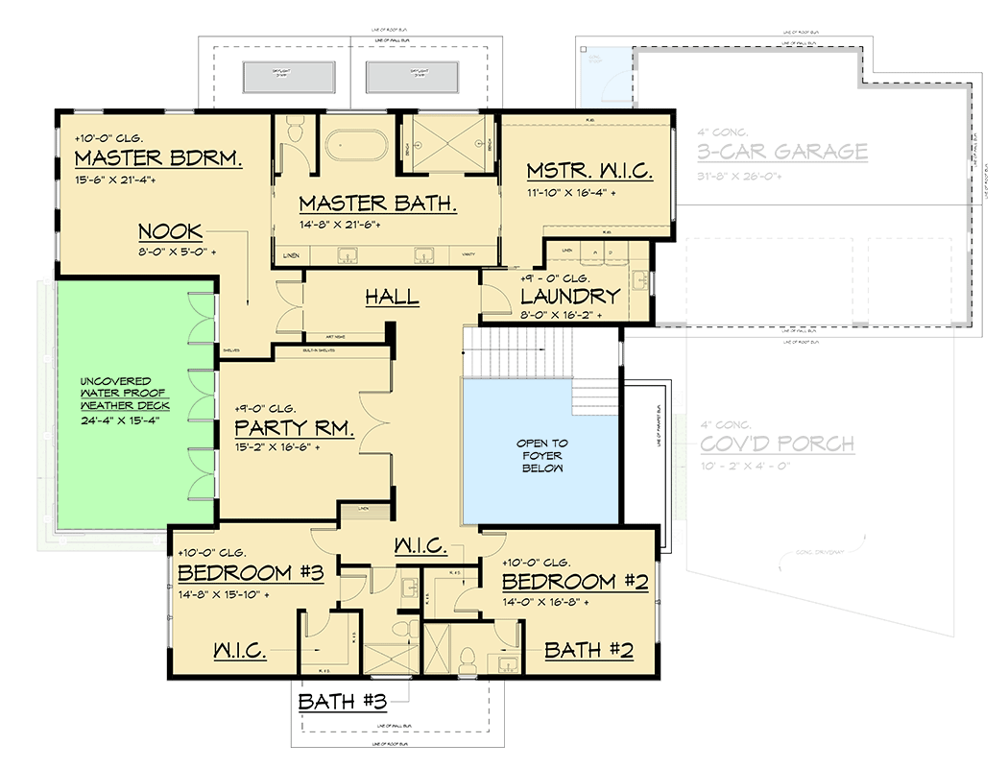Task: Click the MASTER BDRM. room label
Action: (156, 158)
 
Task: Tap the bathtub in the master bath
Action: (356, 147)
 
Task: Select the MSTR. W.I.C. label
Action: (589, 173)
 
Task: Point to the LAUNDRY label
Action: (569, 296)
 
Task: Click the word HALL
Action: (392, 297)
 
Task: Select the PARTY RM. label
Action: (295, 429)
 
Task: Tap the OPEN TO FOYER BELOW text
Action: (542, 455)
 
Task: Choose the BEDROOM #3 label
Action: (250, 573)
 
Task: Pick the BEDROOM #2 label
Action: (575, 582)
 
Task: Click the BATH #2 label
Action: (588, 650)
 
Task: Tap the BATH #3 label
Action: (342, 701)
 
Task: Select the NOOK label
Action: (170, 231)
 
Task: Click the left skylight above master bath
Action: (283, 77)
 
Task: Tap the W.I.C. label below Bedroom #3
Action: (239, 650)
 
